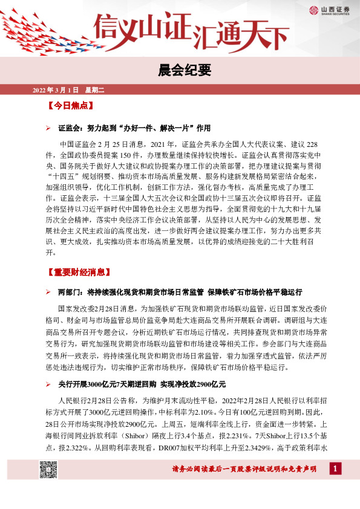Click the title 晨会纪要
(180, 70)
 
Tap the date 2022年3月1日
(55, 91)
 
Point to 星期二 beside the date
(94, 91)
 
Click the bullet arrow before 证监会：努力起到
(49, 128)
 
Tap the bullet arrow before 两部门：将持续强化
(49, 292)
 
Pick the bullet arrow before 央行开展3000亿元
(49, 384)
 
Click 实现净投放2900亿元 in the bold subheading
(193, 384)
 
